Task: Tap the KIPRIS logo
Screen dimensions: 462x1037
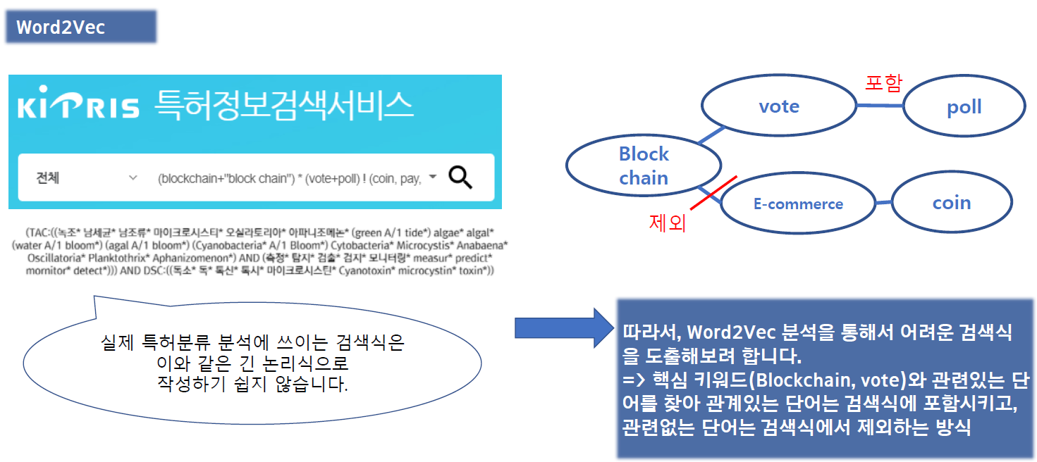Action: tap(78, 108)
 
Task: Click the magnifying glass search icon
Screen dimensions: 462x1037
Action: tap(460, 178)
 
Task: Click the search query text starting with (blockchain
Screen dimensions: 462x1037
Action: tap(288, 179)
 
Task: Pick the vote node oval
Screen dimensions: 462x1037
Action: tap(778, 106)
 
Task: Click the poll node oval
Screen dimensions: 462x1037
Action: tap(964, 107)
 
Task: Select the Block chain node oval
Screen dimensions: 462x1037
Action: tap(643, 166)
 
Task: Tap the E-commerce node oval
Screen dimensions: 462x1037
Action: tap(798, 204)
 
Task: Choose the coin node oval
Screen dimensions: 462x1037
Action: tap(951, 202)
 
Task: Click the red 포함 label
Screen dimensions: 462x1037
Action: tap(883, 83)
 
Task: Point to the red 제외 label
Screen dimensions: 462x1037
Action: tap(667, 223)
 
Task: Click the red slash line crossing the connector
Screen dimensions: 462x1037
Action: tap(713, 192)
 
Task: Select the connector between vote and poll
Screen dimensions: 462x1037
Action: tap(879, 106)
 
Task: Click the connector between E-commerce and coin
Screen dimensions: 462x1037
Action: tap(884, 203)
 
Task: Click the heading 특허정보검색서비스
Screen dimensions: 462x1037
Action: tap(283, 106)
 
